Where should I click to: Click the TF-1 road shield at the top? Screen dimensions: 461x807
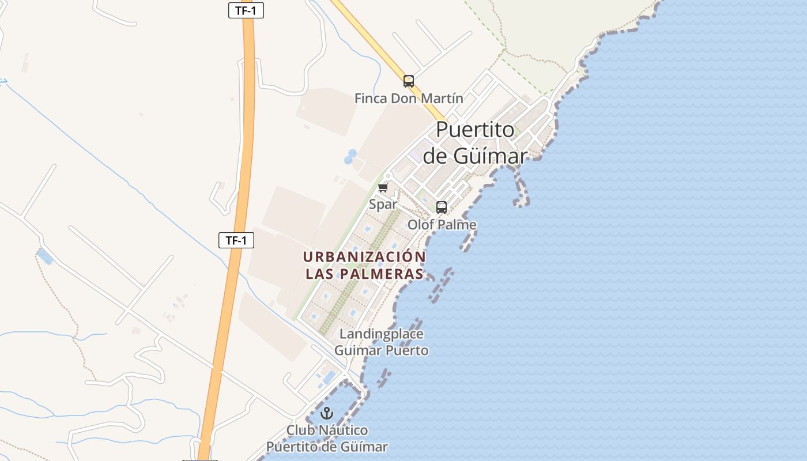246,10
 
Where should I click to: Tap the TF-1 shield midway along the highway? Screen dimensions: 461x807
236,240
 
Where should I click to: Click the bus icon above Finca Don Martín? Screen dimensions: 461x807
409,81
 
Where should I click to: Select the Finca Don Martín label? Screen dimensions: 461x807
409,99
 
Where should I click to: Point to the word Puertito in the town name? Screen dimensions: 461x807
475,130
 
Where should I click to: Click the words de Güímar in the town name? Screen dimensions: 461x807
475,156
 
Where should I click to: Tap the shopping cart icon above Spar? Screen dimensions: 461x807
383,188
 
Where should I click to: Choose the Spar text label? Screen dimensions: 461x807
383,205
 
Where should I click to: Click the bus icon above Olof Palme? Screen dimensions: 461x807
442,207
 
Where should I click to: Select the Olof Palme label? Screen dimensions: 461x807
442,225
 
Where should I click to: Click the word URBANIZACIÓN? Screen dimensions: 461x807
364,256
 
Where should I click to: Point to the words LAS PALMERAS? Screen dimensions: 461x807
364,274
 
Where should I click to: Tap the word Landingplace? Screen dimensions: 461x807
382,334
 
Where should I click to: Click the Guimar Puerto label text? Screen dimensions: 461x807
382,350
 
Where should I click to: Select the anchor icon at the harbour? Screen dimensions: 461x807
327,413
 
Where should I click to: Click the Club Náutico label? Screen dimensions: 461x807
327,430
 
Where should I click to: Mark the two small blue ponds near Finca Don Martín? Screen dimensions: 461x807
350,157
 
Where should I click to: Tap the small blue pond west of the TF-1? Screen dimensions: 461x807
45,256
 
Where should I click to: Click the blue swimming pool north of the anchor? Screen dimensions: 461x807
329,377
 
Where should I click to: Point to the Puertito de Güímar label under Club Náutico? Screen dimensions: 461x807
327,447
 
